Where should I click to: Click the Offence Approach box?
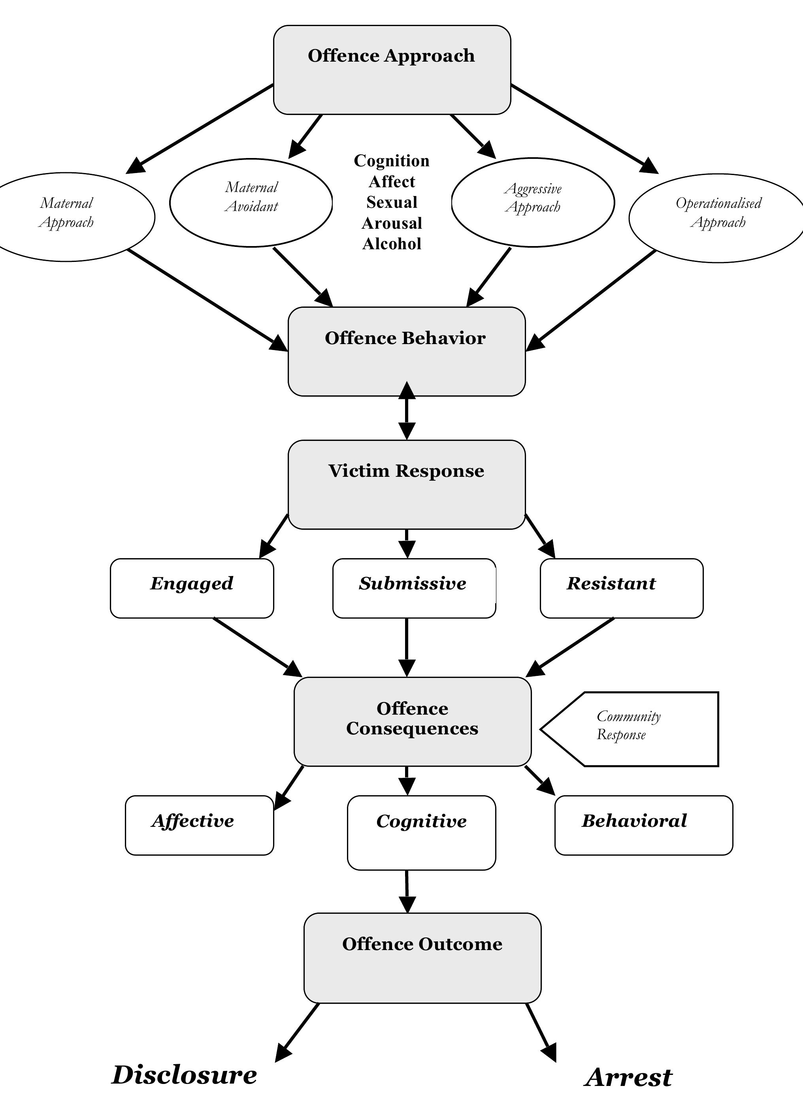[x=392, y=70]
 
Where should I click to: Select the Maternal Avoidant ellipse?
[x=251, y=202]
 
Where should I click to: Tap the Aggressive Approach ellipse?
[x=533, y=202]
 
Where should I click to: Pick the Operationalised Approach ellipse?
[x=718, y=218]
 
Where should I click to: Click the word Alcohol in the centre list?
[x=392, y=244]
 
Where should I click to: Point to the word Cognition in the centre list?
[x=392, y=161]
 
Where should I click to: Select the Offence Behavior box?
[x=406, y=351]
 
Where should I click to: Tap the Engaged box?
[x=192, y=588]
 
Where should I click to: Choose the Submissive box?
[x=414, y=588]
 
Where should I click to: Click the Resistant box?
[x=621, y=588]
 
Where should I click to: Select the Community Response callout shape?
[x=639, y=729]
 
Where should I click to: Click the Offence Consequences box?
[x=412, y=721]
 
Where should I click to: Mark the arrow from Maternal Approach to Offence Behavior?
[x=206, y=299]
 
